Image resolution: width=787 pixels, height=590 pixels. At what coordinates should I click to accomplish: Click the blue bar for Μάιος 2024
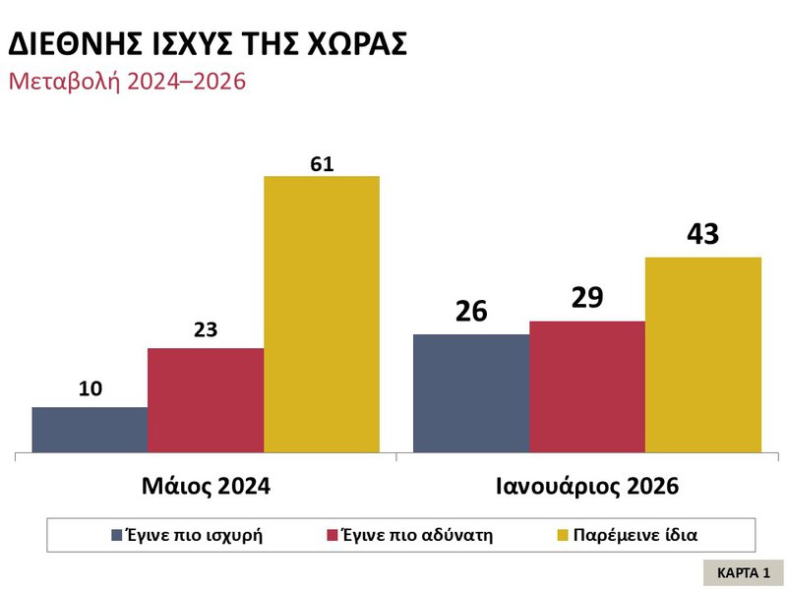tap(90, 430)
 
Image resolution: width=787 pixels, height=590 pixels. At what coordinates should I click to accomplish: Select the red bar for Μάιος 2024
tap(206, 400)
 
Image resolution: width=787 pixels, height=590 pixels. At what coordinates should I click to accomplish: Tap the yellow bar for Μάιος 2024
tap(322, 315)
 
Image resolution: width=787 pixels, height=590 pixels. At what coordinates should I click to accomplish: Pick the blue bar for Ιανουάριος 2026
tap(471, 393)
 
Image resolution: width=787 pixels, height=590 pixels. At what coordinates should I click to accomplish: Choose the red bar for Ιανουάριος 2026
tap(587, 386)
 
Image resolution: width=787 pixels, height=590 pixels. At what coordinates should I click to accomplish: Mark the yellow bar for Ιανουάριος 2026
tap(703, 355)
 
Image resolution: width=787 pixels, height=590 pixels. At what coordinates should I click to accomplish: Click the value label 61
tap(322, 164)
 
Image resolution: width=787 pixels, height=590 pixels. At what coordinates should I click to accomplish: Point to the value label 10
tap(91, 389)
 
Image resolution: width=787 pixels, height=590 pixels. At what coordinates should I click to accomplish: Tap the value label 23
tap(206, 331)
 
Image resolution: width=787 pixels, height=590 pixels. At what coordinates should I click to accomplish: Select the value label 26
tap(471, 311)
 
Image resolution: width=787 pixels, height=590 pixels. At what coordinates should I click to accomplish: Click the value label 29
tap(587, 297)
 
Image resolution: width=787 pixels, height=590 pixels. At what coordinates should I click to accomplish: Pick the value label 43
tap(703, 235)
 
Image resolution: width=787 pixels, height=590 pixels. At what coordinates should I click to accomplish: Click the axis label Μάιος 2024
tap(206, 486)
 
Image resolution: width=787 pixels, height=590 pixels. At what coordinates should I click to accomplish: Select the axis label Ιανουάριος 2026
tap(587, 486)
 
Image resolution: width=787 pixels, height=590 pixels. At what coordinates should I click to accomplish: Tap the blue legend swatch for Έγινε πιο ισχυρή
tap(116, 536)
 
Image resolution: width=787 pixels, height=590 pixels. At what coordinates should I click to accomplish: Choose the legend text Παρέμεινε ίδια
tap(636, 536)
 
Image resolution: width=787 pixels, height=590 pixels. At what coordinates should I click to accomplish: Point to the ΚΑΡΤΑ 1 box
tap(744, 571)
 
